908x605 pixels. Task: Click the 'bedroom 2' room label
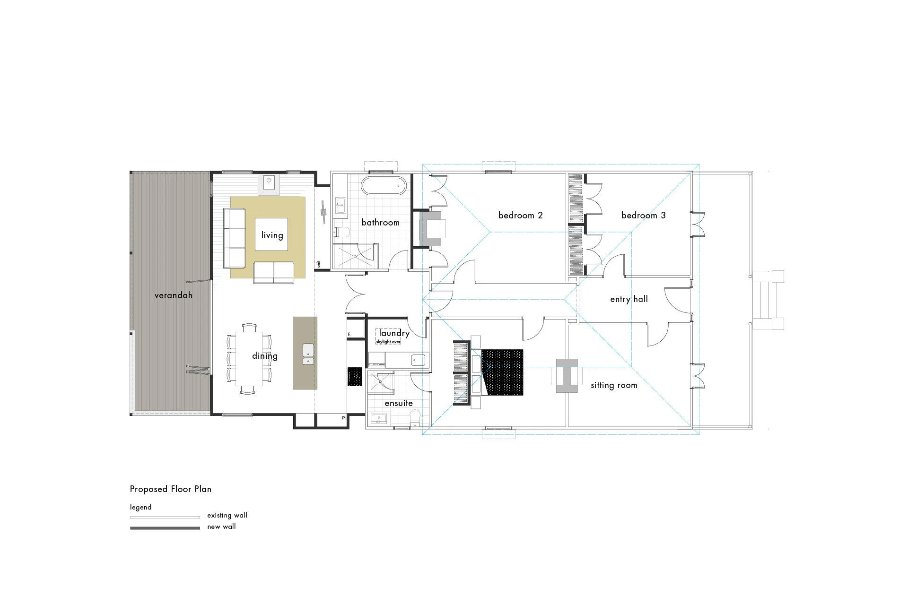[x=520, y=216]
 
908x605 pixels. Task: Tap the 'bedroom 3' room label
[x=643, y=216]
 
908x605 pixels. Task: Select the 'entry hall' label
[x=629, y=299]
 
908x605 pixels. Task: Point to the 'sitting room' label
[x=613, y=386]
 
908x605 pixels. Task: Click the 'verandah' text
[x=173, y=295]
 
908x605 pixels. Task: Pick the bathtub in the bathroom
[x=384, y=186]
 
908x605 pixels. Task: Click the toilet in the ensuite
[x=415, y=417]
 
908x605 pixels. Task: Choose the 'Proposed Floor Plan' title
[x=170, y=489]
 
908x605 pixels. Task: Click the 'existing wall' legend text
[x=227, y=516]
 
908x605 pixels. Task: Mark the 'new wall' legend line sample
[x=165, y=528]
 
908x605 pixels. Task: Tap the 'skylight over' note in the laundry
[x=388, y=342]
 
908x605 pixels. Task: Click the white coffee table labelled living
[x=271, y=234]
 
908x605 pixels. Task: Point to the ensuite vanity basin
[x=379, y=419]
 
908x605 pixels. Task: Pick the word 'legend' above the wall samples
[x=140, y=507]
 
